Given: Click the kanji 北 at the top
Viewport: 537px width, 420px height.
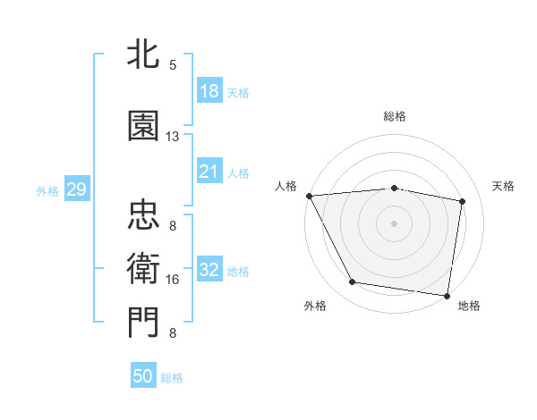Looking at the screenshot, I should pyautogui.click(x=143, y=55).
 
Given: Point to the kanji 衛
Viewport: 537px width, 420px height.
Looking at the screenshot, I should pyautogui.click(x=143, y=266).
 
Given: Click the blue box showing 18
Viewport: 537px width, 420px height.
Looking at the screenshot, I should pyautogui.click(x=209, y=92).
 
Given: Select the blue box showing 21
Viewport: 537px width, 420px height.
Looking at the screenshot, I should pyautogui.click(x=209, y=172).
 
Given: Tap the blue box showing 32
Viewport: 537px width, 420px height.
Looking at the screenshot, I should pyautogui.click(x=209, y=271).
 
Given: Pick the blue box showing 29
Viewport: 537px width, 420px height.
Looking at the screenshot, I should pyautogui.click(x=76, y=190).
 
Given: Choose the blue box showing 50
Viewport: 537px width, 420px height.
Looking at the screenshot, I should pyautogui.click(x=143, y=377).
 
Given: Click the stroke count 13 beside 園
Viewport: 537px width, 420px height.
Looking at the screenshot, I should pyautogui.click(x=172, y=137).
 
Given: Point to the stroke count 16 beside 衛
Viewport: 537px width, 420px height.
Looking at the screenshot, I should pyautogui.click(x=173, y=280).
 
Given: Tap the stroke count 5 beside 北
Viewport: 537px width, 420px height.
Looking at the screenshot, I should pyautogui.click(x=173, y=64).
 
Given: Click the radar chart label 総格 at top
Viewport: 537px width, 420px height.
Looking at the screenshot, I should pyautogui.click(x=394, y=116).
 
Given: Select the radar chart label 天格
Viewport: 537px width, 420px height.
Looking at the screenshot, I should pyautogui.click(x=504, y=186).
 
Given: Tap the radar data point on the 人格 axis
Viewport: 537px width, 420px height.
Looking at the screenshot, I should pyautogui.click(x=309, y=196).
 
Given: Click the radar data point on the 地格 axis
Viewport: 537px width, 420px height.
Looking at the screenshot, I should pyautogui.click(x=447, y=295).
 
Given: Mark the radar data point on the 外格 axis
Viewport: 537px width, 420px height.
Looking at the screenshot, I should pyautogui.click(x=352, y=282).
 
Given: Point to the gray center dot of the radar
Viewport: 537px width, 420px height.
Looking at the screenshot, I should pyautogui.click(x=394, y=223).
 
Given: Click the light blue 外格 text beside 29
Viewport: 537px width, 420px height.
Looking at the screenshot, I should pyautogui.click(x=47, y=191).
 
